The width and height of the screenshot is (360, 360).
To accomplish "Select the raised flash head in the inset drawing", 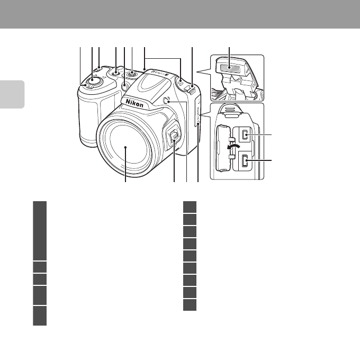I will [229, 69].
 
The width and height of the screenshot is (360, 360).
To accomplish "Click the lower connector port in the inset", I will [245, 160].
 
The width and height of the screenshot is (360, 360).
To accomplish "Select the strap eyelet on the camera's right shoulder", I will [191, 83].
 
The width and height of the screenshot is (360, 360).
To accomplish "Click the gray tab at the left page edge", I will [12, 94].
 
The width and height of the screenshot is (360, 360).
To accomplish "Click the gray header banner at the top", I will [180, 14].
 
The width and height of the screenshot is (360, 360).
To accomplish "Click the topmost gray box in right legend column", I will [190, 207].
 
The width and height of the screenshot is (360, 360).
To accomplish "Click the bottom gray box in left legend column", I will [40, 316].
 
